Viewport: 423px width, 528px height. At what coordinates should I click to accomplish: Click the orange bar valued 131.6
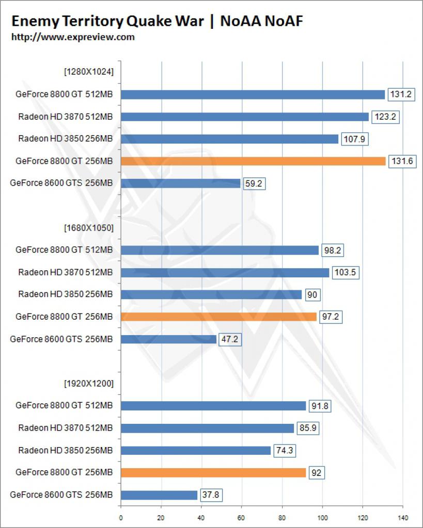pyautogui.click(x=253, y=161)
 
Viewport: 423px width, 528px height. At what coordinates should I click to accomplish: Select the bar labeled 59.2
pyautogui.click(x=180, y=183)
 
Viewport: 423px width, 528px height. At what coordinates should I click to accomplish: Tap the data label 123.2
pyautogui.click(x=386, y=117)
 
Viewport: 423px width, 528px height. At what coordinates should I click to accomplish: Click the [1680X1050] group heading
pyautogui.click(x=89, y=228)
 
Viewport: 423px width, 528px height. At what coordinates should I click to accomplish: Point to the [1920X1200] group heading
pyautogui.click(x=89, y=384)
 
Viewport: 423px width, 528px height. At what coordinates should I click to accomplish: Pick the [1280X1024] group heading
pyautogui.click(x=89, y=72)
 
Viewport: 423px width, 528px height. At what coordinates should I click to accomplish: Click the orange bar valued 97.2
pyautogui.click(x=218, y=317)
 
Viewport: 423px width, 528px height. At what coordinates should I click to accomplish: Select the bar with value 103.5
pyautogui.click(x=225, y=273)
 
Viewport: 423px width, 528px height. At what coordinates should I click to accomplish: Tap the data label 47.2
pyautogui.click(x=230, y=339)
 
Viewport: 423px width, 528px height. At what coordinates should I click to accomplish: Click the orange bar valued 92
pyautogui.click(x=213, y=473)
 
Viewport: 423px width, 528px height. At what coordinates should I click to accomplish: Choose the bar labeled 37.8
pyautogui.click(x=159, y=495)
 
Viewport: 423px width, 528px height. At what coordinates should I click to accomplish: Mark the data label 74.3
pyautogui.click(x=285, y=451)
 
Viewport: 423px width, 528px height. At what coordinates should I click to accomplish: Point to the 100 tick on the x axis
pyautogui.click(x=322, y=518)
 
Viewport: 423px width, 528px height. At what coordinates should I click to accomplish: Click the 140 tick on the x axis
pyautogui.click(x=403, y=518)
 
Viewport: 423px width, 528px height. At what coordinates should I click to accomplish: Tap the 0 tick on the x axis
pyautogui.click(x=121, y=518)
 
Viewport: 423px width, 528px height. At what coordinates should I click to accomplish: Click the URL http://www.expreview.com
pyautogui.click(x=73, y=37)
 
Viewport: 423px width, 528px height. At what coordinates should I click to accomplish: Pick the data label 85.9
pyautogui.click(x=308, y=428)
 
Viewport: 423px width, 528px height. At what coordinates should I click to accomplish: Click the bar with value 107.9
pyautogui.click(x=229, y=139)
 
